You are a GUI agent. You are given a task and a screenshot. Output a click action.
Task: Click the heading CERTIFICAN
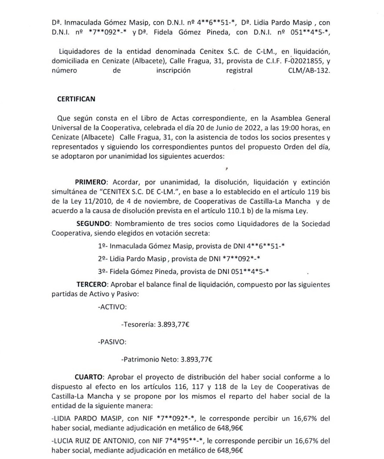tap(76, 99)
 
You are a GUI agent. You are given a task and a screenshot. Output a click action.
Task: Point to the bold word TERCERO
tap(92, 284)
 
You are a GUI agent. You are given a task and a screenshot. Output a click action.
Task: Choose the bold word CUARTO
tap(91, 375)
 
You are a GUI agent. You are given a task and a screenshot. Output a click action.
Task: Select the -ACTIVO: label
tap(113, 307)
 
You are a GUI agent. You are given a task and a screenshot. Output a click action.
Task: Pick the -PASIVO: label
tap(112, 342)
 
